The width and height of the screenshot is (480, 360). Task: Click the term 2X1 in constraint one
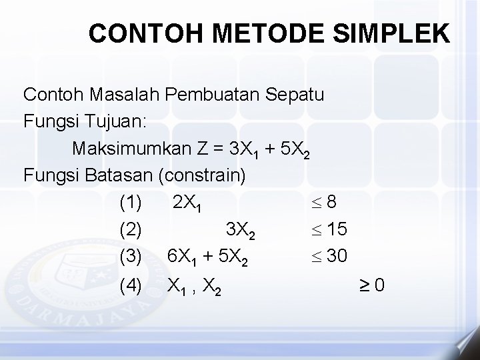coord(187,203)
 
